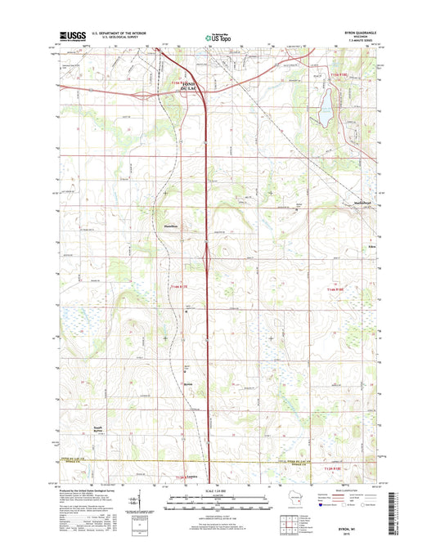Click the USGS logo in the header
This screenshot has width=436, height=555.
click(x=71, y=37)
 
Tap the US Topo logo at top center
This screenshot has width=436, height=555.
click(x=218, y=37)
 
